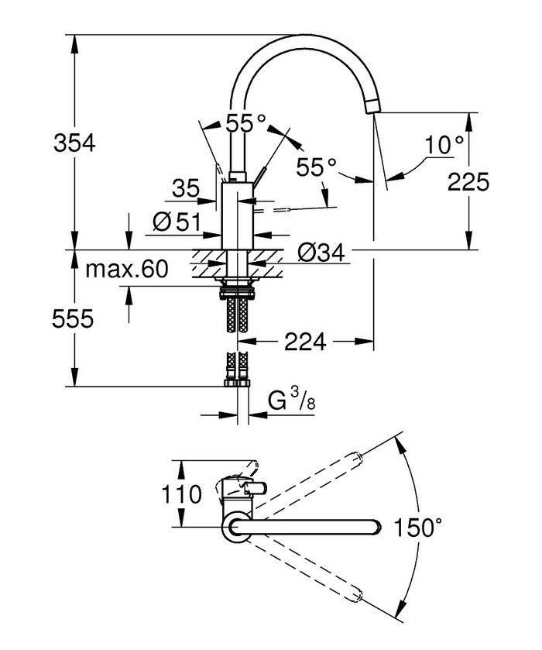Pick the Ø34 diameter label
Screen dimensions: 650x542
(x=320, y=252)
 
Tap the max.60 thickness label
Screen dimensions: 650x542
(x=126, y=270)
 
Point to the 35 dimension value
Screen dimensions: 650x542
(x=186, y=187)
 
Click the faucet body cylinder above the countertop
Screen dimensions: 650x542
(x=235, y=217)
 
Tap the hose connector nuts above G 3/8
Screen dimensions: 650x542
(x=237, y=380)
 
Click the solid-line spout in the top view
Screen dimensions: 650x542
(x=310, y=528)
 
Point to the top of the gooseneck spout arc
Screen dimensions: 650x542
(x=298, y=39)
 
